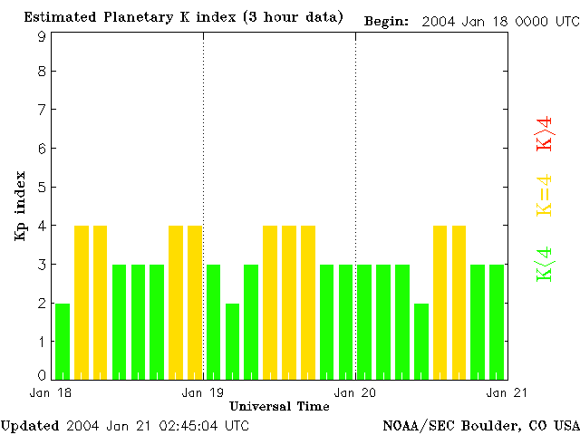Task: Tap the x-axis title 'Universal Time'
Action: coord(279,406)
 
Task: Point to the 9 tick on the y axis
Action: coord(42,36)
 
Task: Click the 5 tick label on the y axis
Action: coord(42,188)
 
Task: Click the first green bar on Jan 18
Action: coord(63,341)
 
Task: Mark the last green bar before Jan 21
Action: coord(497,322)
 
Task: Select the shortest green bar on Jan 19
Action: coord(232,341)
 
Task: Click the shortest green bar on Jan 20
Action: coord(421,341)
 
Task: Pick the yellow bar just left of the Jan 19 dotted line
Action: coord(195,302)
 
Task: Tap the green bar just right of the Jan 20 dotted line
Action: coord(364,322)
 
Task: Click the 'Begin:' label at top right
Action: coord(386,21)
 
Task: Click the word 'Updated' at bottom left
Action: coord(30,426)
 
